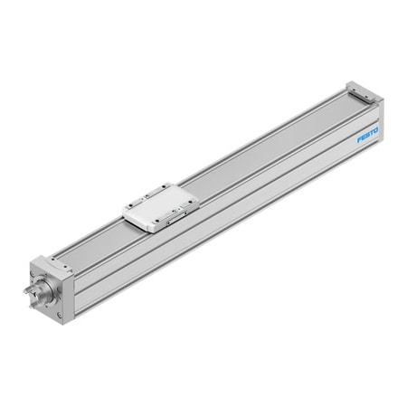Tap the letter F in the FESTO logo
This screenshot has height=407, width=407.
(x=359, y=140)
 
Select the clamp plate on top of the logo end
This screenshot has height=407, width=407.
(x=362, y=90)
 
